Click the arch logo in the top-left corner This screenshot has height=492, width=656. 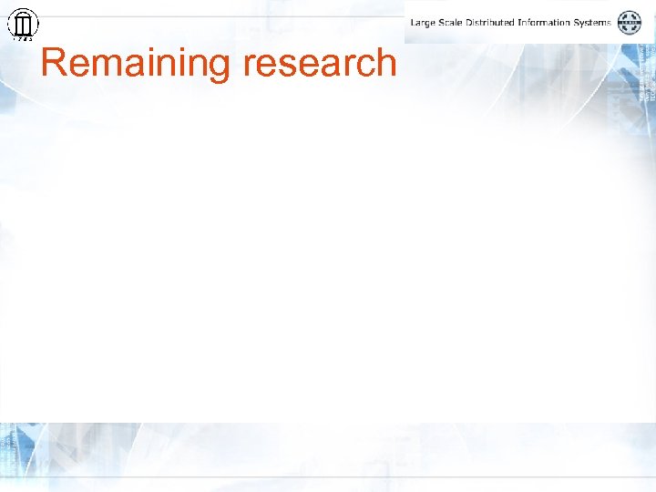click(23, 23)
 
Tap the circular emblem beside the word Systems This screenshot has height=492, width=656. click(630, 23)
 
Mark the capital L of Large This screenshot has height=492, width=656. click(414, 22)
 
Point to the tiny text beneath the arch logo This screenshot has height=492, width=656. click(23, 39)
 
